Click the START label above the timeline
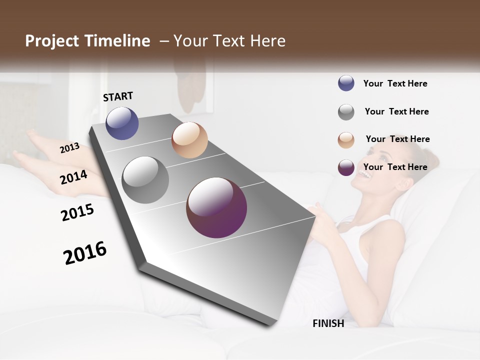pos(118,96)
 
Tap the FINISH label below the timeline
pos(328,323)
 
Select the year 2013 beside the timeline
pos(69,148)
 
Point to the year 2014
pos(73,177)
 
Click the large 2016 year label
pos(85,253)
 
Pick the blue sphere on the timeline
pos(122,123)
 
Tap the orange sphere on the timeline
pos(189,140)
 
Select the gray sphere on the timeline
pos(145,180)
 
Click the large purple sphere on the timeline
pos(216,207)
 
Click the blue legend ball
pos(346,83)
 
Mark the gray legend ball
pos(346,112)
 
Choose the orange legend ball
pos(346,140)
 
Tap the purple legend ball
pos(346,167)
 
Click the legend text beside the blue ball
pos(395,83)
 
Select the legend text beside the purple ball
pos(395,167)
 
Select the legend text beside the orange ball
pos(397,139)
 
